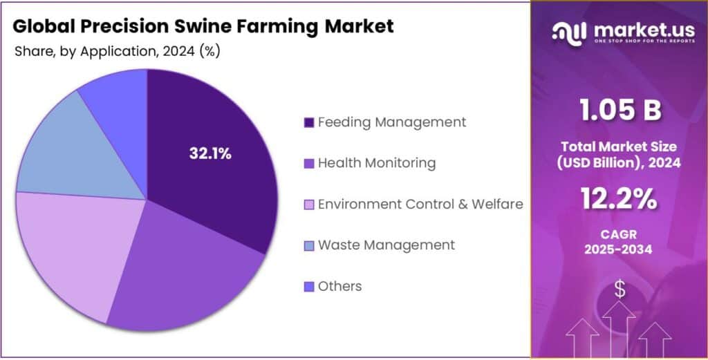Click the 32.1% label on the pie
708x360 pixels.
(x=210, y=154)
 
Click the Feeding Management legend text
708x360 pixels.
(x=391, y=122)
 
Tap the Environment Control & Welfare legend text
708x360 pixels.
(x=420, y=204)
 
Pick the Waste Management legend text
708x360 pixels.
(x=386, y=245)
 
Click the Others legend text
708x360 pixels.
(x=339, y=286)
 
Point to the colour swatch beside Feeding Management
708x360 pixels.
(x=308, y=123)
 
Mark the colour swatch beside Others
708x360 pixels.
(x=308, y=287)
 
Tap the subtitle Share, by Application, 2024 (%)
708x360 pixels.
(x=117, y=52)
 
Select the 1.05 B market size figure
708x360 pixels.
(x=619, y=110)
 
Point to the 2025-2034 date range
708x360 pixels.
(x=619, y=249)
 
